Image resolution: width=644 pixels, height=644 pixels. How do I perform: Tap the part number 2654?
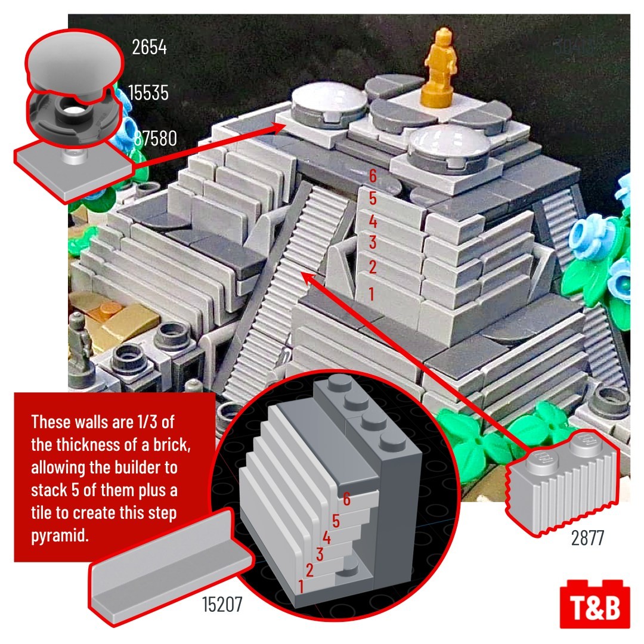click(149, 47)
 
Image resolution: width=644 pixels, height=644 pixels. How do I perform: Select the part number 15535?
click(148, 93)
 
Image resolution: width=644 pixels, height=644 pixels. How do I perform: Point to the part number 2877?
click(587, 538)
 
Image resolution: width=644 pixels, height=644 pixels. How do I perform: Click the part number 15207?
click(222, 604)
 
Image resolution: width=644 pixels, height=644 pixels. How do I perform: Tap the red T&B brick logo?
click(595, 603)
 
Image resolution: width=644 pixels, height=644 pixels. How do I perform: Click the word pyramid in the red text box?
click(60, 536)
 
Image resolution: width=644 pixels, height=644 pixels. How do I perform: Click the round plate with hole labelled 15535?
click(73, 115)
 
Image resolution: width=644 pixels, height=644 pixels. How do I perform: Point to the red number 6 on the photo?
click(373, 176)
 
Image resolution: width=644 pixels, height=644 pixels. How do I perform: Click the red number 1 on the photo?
click(371, 294)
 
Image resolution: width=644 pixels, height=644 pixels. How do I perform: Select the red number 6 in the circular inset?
click(346, 500)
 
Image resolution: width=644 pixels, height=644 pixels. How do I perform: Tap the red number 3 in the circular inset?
click(320, 555)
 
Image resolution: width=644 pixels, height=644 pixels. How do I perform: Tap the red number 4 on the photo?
click(373, 222)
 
